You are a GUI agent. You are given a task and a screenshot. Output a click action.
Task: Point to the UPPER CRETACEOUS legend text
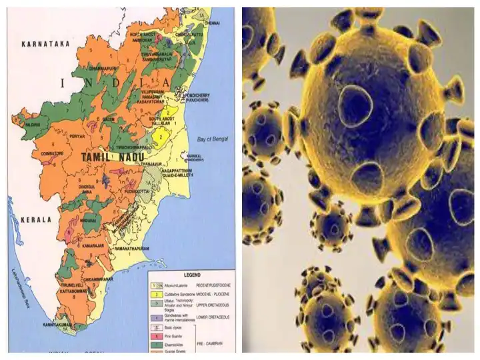[x=213, y=305]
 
